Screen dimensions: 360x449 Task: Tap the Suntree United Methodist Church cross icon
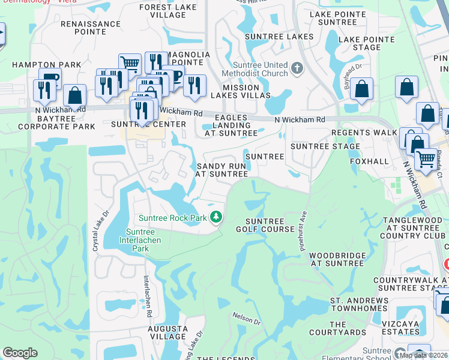coord(297,69)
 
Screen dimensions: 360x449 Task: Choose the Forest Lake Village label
coord(163,11)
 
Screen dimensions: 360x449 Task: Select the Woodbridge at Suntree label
coord(337,259)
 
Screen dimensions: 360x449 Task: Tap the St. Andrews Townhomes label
coord(359,304)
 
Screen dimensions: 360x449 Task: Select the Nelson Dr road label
coord(247,318)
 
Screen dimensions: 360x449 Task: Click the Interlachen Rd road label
coord(146,293)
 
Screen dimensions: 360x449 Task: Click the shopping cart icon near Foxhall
coord(426,159)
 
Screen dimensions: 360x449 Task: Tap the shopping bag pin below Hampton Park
coord(74,95)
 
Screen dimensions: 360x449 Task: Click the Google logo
coord(20,353)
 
